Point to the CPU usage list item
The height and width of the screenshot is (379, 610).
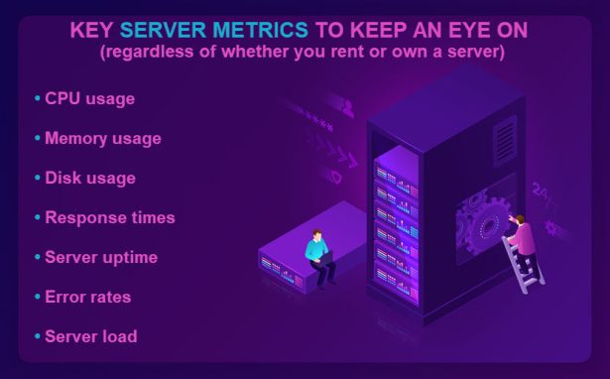click(89, 99)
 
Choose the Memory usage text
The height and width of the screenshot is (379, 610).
click(102, 139)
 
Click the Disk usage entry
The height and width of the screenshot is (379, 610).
click(89, 179)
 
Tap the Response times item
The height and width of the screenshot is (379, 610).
click(109, 217)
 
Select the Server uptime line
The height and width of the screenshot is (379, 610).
click(100, 257)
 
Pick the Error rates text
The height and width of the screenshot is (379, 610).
click(87, 297)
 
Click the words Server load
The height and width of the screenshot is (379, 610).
click(90, 336)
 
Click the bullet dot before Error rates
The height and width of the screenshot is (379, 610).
click(38, 297)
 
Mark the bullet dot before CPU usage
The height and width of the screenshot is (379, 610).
click(38, 99)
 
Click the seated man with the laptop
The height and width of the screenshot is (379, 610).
click(318, 256)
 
